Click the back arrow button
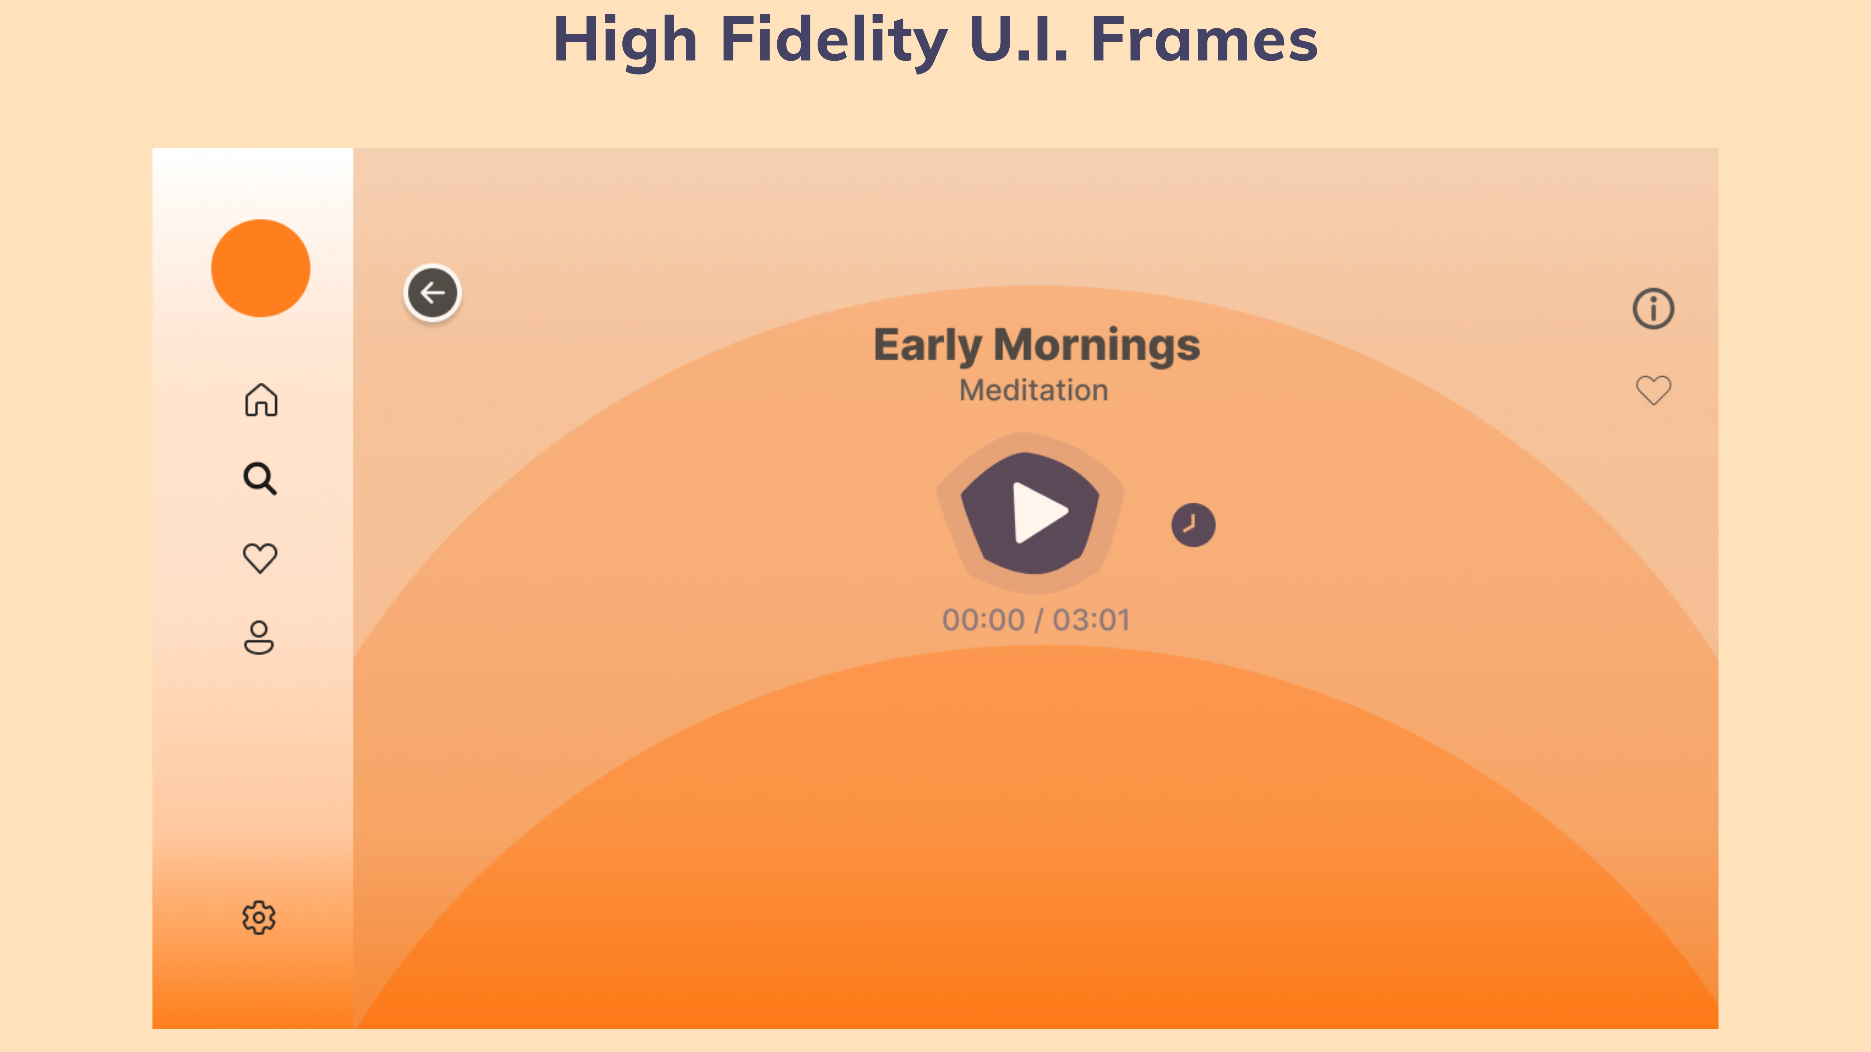point(432,293)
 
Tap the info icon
point(1653,309)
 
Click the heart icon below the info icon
point(1653,390)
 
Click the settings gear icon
point(259,918)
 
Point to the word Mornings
point(1097,346)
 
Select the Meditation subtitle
point(1033,391)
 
